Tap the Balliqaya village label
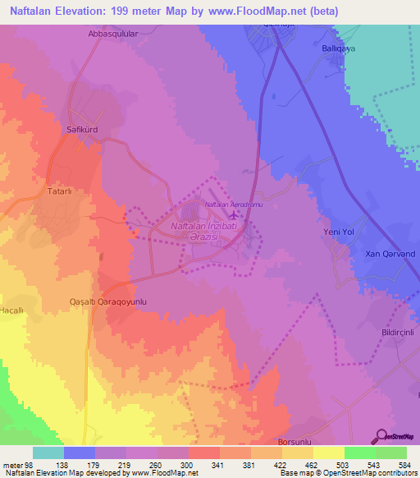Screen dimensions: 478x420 (x=336, y=48)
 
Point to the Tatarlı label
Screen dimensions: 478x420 (x=59, y=191)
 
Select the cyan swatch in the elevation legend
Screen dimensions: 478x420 (x=48, y=453)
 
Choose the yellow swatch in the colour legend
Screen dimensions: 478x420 (x=329, y=453)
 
